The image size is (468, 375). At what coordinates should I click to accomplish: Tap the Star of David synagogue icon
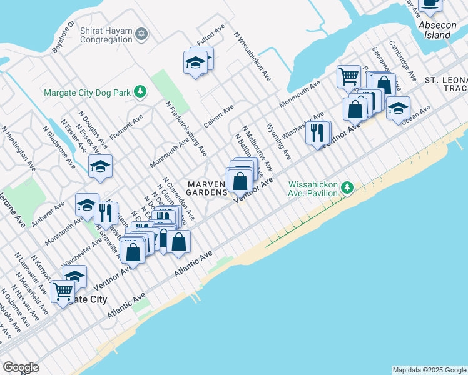142,32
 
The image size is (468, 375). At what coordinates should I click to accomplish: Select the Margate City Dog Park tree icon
141,92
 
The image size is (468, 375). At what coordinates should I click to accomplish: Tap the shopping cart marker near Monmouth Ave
348,76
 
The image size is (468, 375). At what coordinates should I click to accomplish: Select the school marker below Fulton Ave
195,62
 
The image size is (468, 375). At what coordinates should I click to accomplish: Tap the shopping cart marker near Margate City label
63,291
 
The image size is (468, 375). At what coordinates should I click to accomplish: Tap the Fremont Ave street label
126,127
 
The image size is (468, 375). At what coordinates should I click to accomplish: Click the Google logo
21,368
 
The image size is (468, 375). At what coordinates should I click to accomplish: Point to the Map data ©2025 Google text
429,370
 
